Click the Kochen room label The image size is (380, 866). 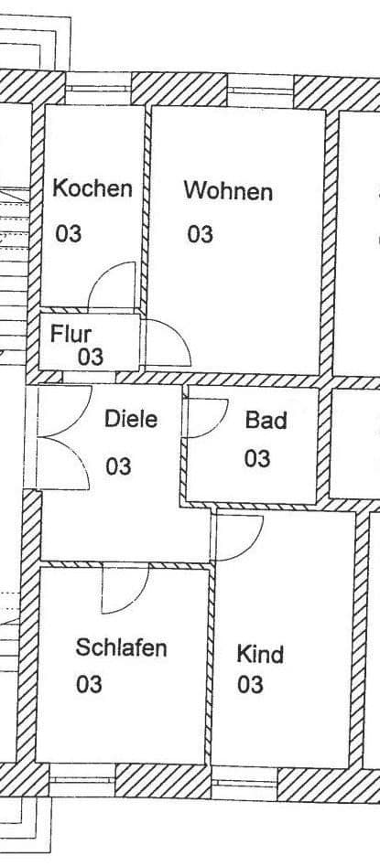click(x=92, y=189)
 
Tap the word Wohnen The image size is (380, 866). click(x=228, y=192)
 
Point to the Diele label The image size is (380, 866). click(x=130, y=420)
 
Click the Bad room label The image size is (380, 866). click(x=266, y=421)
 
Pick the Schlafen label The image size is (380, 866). click(x=121, y=648)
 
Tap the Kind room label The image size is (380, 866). click(x=260, y=655)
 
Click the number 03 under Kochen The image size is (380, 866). click(x=69, y=234)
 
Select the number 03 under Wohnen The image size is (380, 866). click(x=201, y=235)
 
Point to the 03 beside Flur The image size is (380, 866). click(x=90, y=357)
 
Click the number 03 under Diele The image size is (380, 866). click(x=118, y=467)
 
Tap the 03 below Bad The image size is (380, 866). click(x=256, y=458)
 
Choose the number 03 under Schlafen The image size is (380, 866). click(x=89, y=685)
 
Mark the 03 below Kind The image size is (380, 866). click(x=250, y=685)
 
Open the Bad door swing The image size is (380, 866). click(x=206, y=422)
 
